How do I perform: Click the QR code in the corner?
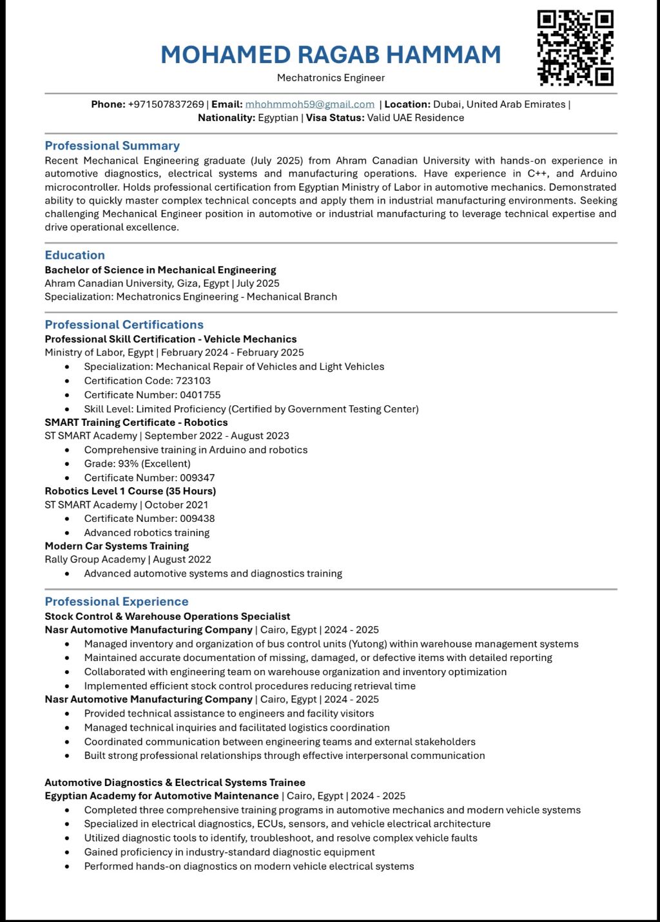tap(575, 48)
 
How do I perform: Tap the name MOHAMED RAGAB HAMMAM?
tap(331, 55)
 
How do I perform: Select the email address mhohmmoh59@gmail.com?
tap(309, 104)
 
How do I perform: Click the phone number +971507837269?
tap(166, 104)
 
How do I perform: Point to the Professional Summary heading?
tap(112, 146)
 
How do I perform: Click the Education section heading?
tap(75, 255)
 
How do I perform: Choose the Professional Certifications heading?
tap(124, 325)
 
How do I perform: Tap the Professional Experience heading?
tap(117, 602)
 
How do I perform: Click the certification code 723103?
tap(193, 381)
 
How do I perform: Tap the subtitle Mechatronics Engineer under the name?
tap(331, 78)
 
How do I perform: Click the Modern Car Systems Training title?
tap(117, 546)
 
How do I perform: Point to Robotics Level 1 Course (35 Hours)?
tap(130, 492)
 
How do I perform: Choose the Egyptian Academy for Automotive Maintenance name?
tap(162, 796)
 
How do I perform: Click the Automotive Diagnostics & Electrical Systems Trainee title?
tap(175, 783)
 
